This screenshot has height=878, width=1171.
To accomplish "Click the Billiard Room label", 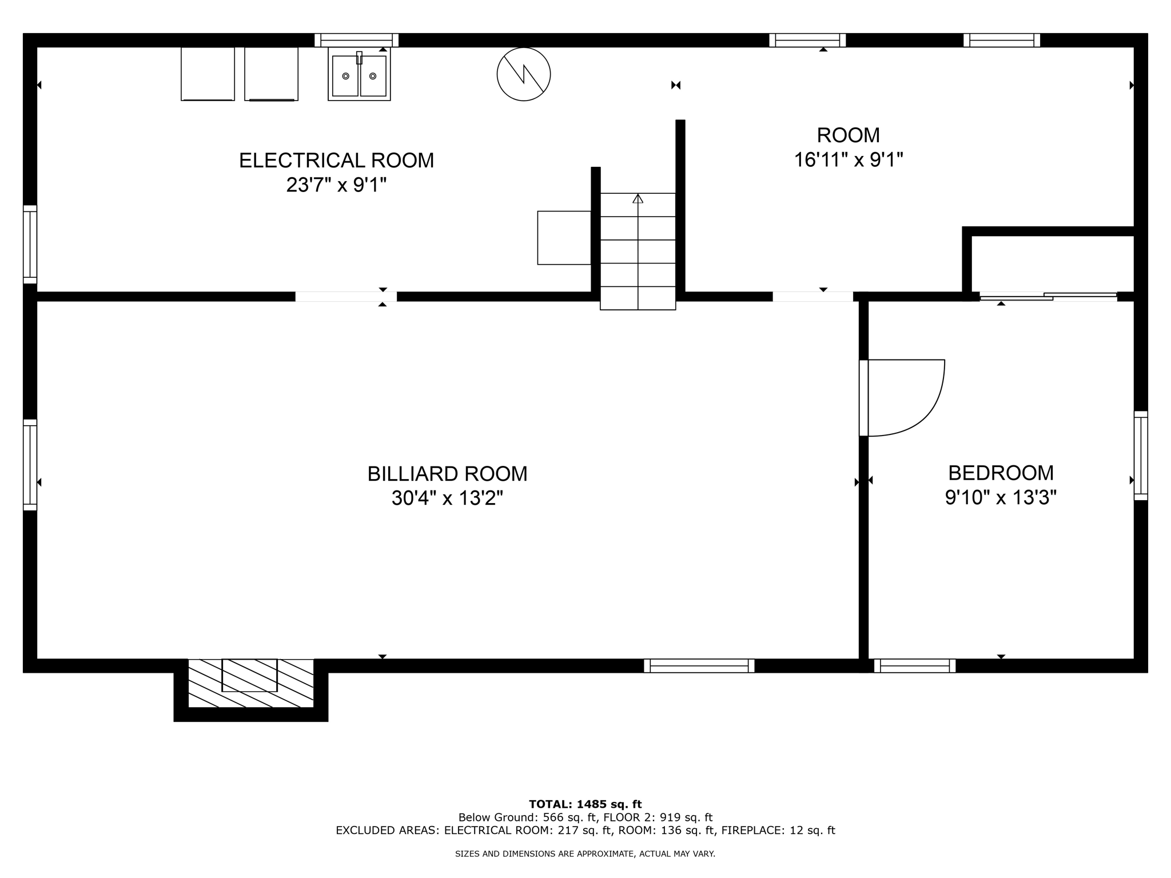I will pos(447,474).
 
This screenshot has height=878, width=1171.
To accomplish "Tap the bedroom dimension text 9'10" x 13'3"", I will pos(1001,498).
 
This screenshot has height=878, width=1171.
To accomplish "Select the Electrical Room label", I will pos(336,161).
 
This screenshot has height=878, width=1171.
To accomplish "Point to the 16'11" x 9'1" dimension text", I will pos(848,160).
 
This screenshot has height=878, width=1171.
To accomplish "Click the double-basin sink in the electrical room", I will pos(359,75).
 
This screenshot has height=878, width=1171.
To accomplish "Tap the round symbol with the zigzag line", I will pos(523,74).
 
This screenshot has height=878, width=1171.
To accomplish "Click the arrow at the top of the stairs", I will pos(638,199).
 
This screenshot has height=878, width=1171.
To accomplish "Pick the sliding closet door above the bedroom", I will pos(1047,297).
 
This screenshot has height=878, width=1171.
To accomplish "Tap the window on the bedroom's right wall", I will pos(1140,456).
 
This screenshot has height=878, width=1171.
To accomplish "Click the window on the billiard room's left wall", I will pos(30,464).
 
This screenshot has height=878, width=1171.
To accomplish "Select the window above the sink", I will pos(356,40).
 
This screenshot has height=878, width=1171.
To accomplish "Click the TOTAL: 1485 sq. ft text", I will pos(585,805).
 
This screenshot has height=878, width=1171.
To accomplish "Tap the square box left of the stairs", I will pos(564,238).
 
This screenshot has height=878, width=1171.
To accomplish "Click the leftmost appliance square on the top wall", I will pos(208,74).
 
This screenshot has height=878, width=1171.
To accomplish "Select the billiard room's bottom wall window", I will pos(699,665).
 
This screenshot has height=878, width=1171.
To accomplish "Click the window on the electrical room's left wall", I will pos(30,244).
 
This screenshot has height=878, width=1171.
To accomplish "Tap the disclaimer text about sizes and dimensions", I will pos(585,854).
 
